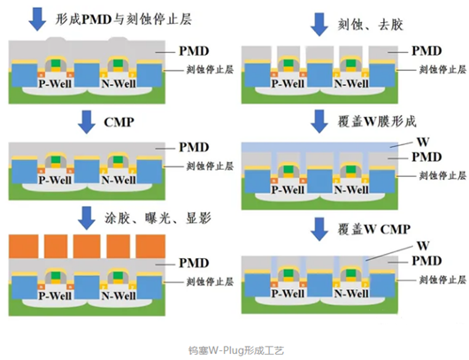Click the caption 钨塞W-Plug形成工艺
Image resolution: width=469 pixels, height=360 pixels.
(x=234, y=349)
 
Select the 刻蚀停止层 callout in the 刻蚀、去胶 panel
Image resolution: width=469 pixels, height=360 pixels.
(x=442, y=70)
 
